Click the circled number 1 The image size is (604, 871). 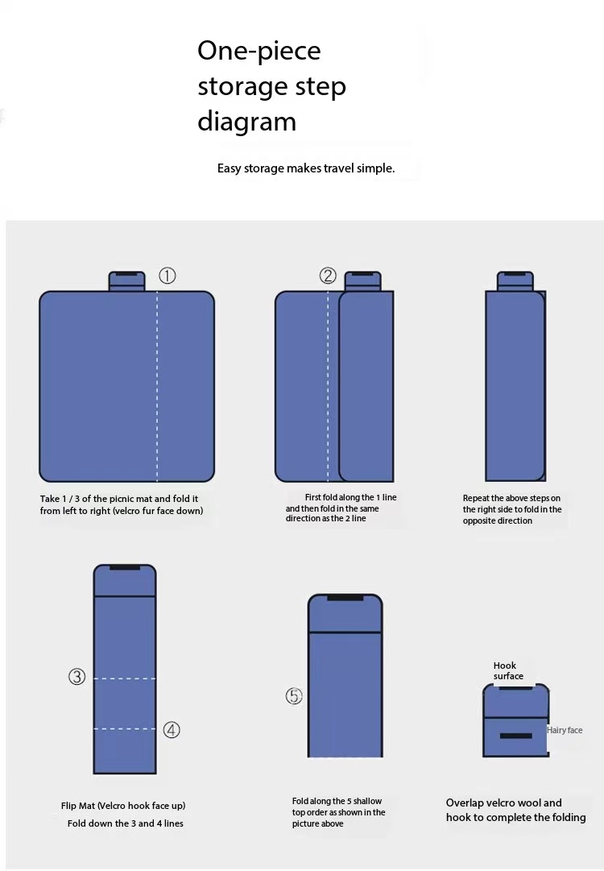[x=167, y=276]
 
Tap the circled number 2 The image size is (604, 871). [x=328, y=276]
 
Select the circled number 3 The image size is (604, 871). [x=77, y=677]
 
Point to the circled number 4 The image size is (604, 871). [x=172, y=730]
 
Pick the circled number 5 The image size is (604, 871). [x=294, y=696]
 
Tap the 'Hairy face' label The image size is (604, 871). [x=565, y=730]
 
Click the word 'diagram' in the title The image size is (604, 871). [x=246, y=121]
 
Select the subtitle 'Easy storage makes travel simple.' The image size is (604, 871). [x=306, y=168]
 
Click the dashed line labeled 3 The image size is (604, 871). [x=125, y=678]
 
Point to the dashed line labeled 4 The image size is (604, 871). [x=125, y=729]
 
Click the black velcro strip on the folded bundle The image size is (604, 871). [x=515, y=736]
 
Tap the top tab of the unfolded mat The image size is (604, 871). [x=126, y=281]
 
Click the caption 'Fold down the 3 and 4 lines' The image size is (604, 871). [x=126, y=823]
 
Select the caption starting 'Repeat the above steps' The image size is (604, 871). [x=512, y=509]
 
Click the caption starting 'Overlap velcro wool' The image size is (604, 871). [x=515, y=810]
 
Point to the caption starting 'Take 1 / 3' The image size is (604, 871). [x=122, y=505]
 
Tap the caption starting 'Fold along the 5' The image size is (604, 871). [x=338, y=812]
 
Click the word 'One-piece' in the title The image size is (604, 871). [x=259, y=51]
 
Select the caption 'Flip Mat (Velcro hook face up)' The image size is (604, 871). [x=123, y=806]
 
